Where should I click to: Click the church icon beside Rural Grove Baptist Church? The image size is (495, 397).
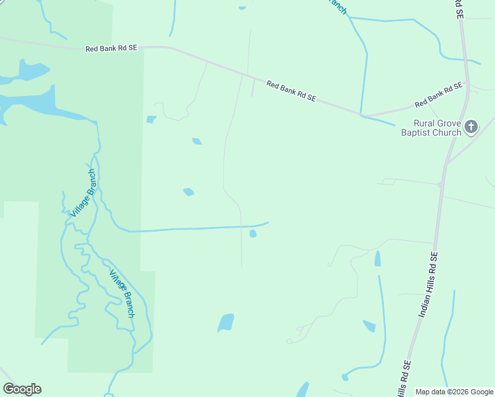(471, 126)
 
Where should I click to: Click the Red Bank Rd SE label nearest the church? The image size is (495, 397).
(438, 96)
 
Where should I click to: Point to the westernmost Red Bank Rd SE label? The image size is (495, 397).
(111, 48)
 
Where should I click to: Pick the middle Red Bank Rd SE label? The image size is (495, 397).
(291, 91)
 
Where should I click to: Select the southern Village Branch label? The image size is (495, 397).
(122, 294)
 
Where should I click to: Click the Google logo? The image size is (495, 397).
(22, 389)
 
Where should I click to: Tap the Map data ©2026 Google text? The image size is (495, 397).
(454, 392)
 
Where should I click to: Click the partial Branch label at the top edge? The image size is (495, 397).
(337, 6)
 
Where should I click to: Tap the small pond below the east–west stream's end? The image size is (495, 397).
(253, 234)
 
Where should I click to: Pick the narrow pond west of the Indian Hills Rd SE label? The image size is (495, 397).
(378, 258)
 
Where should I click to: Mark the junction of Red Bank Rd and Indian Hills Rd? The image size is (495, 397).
(469, 85)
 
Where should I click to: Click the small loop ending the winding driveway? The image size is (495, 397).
(289, 341)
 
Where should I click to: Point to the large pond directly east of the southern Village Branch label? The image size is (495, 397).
(226, 322)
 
